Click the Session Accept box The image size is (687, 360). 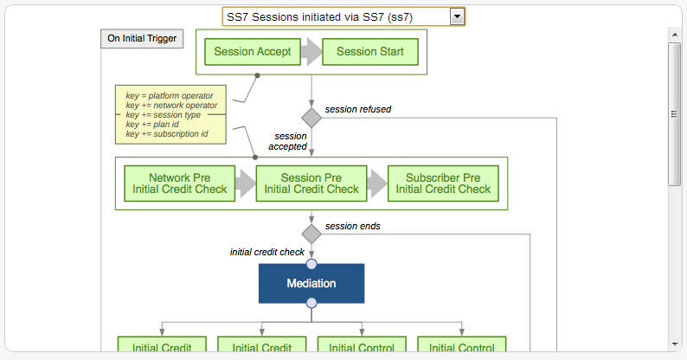[253, 52]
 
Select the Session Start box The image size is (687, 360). [369, 52]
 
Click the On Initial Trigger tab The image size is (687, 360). [142, 38]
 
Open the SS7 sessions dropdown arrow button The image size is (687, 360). [457, 16]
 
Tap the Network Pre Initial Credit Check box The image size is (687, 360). [179, 183]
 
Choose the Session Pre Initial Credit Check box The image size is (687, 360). [311, 183]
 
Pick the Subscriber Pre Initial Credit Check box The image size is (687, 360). [443, 183]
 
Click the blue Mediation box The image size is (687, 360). [311, 283]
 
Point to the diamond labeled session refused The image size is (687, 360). [311, 117]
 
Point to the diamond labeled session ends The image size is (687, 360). [311, 234]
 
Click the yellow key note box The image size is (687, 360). [171, 113]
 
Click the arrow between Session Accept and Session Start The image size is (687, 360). [311, 52]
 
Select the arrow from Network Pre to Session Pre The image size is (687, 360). [246, 183]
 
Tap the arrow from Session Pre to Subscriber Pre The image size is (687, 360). [377, 183]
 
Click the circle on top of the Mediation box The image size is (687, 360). [311, 264]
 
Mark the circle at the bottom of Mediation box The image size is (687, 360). [311, 303]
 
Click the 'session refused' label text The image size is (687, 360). [357, 110]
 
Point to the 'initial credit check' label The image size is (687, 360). [266, 253]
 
